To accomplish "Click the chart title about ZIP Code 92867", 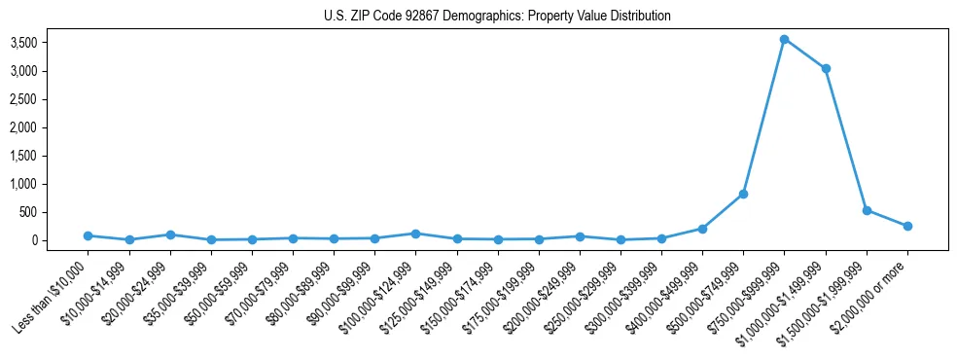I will point(497,17).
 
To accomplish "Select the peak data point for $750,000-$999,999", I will point(784,40).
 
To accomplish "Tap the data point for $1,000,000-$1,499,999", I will point(825,68).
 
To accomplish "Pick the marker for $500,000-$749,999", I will point(743,194).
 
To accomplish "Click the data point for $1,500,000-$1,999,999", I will point(867,210).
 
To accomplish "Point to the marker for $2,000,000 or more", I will point(907,226).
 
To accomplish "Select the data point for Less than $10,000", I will point(88,235).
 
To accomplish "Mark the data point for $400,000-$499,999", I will point(702,229).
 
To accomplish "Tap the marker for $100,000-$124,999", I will point(415,234).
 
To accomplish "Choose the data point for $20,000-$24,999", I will point(170,234).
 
